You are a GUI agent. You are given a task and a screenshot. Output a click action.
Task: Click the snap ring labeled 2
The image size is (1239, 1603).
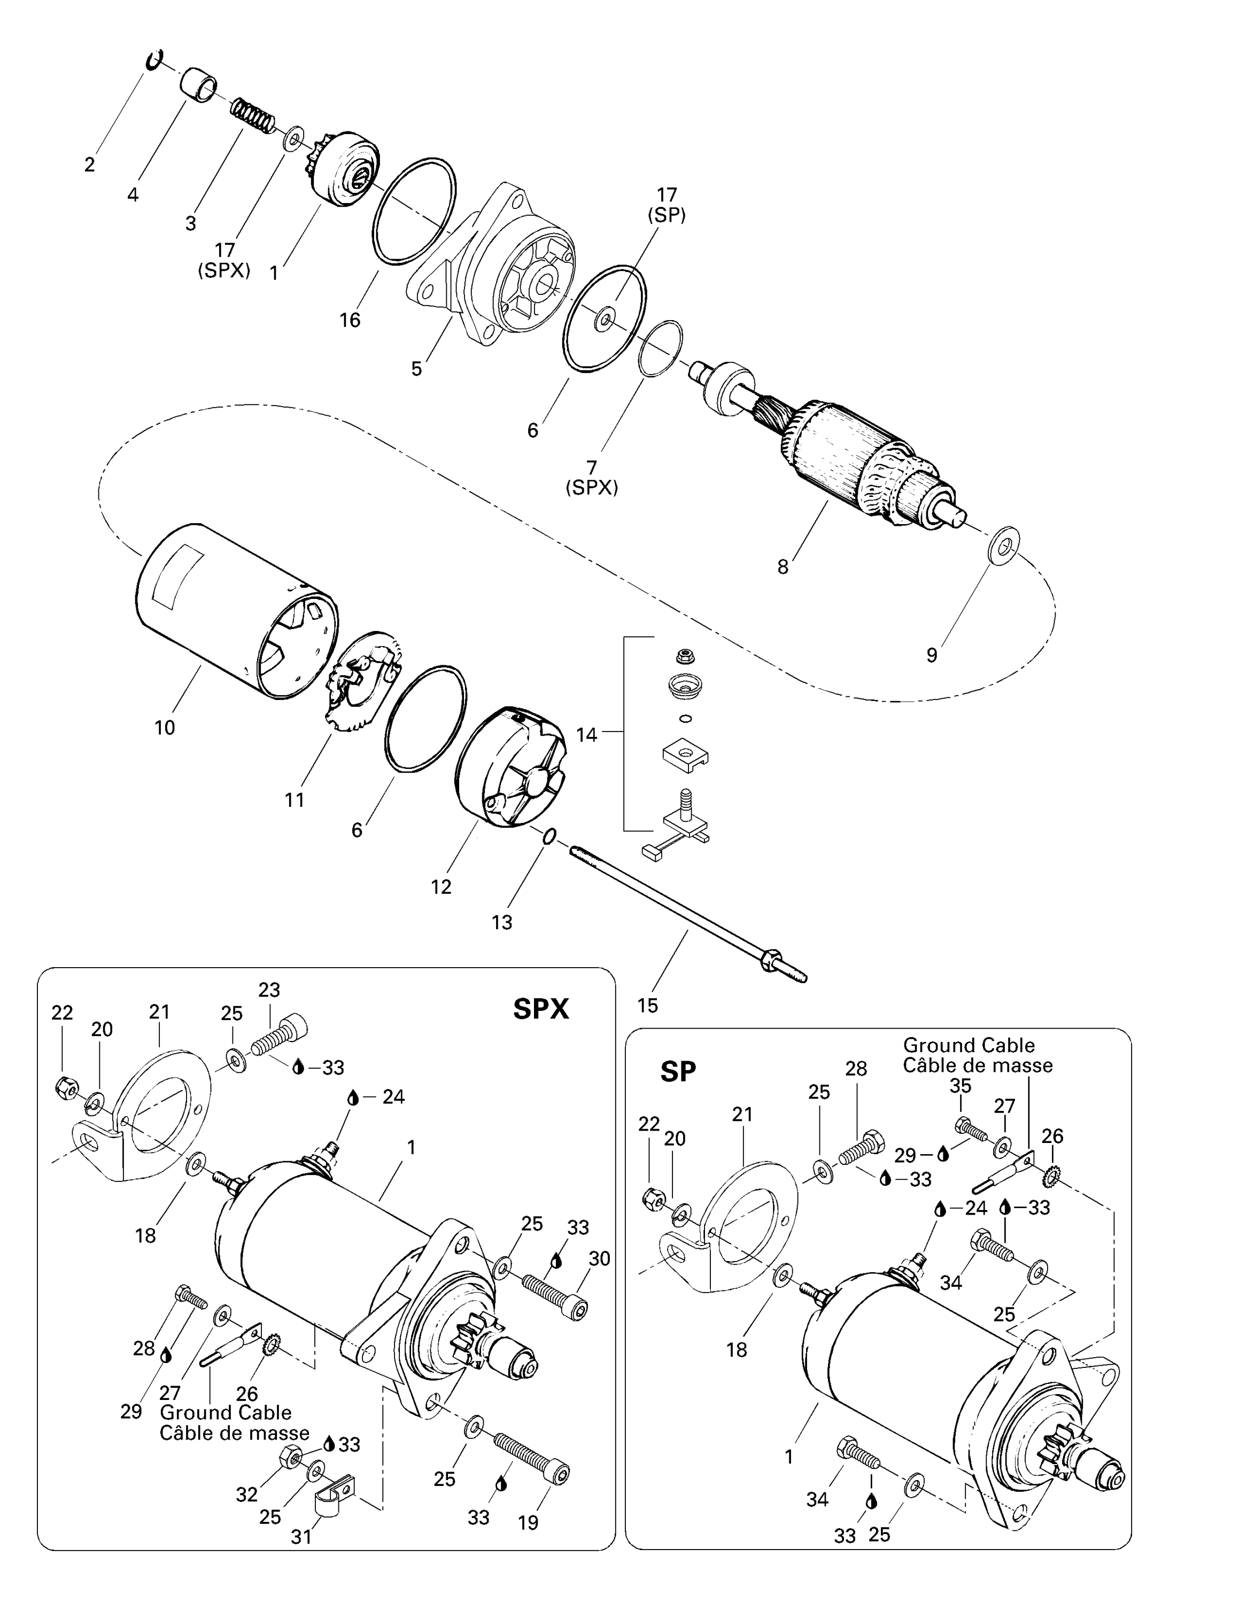coord(154,60)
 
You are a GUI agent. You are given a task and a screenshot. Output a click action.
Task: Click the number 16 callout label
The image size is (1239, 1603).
coord(350,320)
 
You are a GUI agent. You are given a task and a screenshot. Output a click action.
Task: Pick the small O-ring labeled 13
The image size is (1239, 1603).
coord(548,836)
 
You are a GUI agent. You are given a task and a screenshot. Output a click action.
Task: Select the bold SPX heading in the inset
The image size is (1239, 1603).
coord(541,1010)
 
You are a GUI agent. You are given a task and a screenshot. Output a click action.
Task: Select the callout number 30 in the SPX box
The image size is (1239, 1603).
coord(599,1259)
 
